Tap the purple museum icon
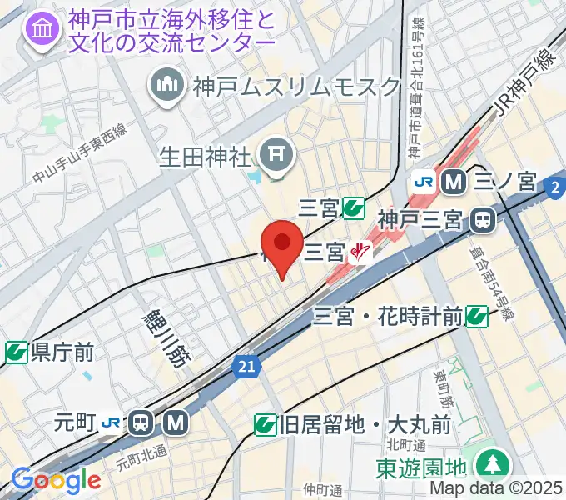40,30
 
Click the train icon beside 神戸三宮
483,220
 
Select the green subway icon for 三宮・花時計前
476,315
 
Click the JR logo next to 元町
112,422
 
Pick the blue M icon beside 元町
175,422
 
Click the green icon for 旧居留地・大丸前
266,425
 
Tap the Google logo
56,481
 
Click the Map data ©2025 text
496,489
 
